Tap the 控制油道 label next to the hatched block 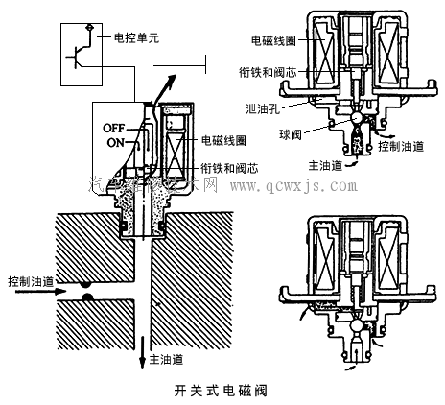tap(28, 282)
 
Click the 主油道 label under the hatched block tap(167, 362)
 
